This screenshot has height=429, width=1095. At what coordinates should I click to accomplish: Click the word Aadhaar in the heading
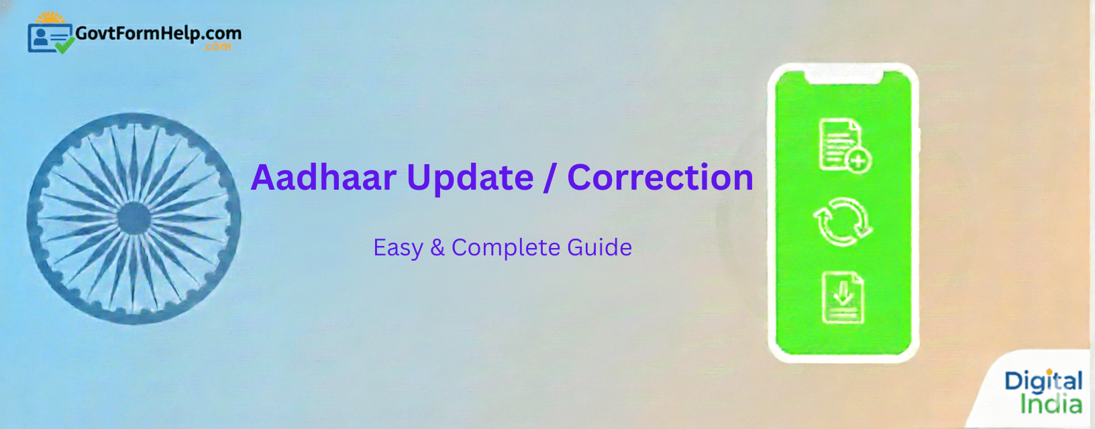[x=323, y=178]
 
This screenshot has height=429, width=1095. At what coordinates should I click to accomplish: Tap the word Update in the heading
[x=470, y=178]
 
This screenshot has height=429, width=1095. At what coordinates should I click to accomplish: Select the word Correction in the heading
[x=660, y=178]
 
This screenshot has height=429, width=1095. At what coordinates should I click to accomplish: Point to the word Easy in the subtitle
[x=398, y=248]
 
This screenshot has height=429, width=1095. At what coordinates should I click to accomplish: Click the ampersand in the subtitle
[x=437, y=248]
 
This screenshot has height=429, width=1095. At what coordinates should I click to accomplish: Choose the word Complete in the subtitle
[x=507, y=248]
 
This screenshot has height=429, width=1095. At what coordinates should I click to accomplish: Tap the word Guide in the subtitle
[x=599, y=248]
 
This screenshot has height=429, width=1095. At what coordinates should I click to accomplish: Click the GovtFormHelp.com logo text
[x=158, y=33]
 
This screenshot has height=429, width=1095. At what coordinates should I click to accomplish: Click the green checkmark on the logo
[x=64, y=46]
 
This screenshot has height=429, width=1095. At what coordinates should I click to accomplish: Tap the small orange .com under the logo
[x=218, y=47]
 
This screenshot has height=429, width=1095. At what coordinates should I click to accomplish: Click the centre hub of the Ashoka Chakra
[x=134, y=219]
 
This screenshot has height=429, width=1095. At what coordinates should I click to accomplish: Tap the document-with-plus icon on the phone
[x=843, y=145]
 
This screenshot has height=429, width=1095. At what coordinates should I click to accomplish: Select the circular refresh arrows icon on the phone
[x=842, y=222]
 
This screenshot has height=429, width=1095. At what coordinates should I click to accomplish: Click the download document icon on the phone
[x=843, y=298]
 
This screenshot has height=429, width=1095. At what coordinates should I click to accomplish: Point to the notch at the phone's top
[x=843, y=77]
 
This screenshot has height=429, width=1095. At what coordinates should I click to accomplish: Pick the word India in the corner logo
[x=1051, y=405]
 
